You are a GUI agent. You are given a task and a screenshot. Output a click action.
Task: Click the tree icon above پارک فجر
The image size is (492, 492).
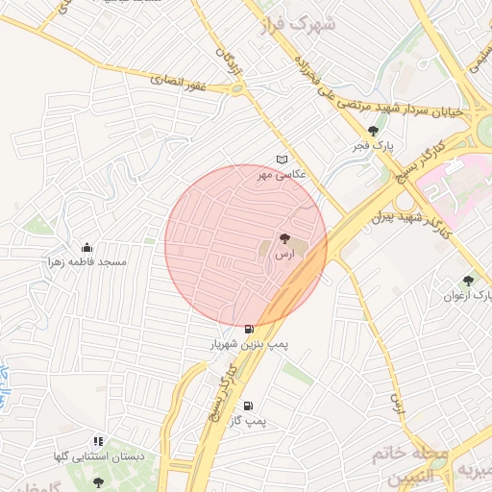tap(373, 131)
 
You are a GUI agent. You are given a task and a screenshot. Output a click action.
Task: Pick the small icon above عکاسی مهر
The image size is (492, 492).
tap(281, 160)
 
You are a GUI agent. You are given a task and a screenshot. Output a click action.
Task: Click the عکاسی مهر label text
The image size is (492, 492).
tap(277, 175)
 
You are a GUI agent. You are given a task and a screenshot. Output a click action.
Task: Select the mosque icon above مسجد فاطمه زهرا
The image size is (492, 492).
tap(87, 247)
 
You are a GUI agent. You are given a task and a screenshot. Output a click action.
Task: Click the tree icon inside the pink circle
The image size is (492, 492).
tap(284, 237)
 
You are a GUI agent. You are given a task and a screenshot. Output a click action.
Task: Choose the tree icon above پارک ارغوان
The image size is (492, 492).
tap(468, 281)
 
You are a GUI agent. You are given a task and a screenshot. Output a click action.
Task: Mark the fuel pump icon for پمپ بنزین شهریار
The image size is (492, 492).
tap(250, 329)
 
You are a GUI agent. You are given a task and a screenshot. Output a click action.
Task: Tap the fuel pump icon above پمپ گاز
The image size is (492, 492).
tap(249, 406)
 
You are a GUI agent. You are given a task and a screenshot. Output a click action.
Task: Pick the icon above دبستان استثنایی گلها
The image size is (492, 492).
tap(99, 441)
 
